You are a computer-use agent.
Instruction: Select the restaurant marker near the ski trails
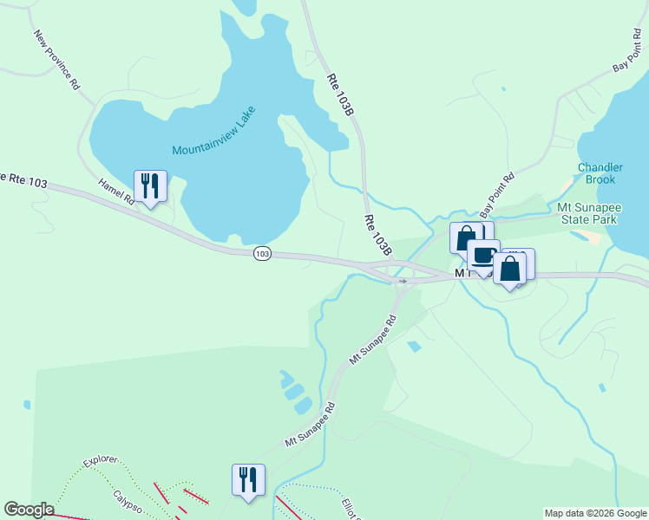click(248, 481)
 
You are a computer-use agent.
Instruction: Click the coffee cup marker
click(482, 256)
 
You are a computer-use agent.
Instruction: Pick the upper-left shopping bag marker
click(466, 238)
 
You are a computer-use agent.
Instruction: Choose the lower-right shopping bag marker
click(510, 269)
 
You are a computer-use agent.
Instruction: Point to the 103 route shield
click(263, 253)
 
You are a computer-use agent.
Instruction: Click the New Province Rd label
click(57, 61)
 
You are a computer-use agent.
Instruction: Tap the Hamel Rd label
click(116, 192)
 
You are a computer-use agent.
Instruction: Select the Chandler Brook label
click(597, 173)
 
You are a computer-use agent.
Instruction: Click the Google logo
click(29, 510)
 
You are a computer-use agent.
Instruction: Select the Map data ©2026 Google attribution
click(595, 513)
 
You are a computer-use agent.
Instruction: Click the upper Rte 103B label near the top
click(338, 92)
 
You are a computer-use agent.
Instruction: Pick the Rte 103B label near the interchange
click(378, 235)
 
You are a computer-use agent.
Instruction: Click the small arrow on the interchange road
click(403, 281)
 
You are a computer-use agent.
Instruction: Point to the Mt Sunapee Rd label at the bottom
click(310, 424)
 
